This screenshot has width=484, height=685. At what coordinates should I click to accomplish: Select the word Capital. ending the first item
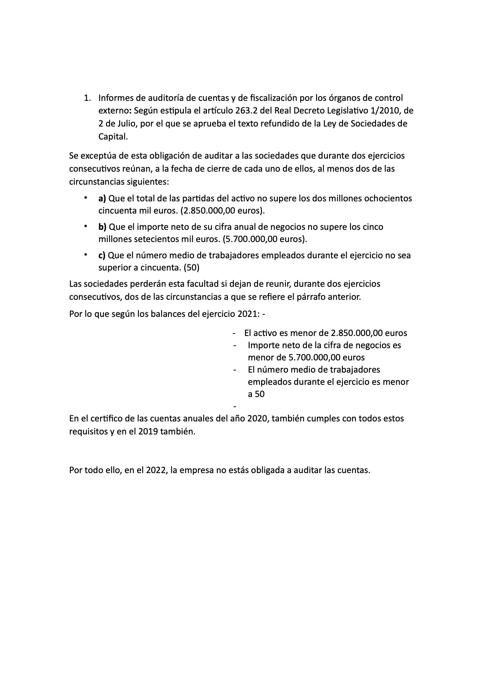point(113,137)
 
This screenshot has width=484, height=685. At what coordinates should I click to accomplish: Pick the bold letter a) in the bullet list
point(102,199)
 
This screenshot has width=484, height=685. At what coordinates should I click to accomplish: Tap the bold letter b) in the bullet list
point(102,227)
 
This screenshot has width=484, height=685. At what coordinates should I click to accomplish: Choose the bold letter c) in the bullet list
point(102,255)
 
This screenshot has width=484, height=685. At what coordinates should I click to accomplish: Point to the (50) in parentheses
point(192,268)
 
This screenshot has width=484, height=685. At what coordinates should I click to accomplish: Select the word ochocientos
point(388,199)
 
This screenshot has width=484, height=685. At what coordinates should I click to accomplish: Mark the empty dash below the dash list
point(234,406)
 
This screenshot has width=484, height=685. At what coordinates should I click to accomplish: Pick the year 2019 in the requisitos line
point(149,432)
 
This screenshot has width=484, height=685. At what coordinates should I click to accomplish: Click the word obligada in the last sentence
point(264,471)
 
